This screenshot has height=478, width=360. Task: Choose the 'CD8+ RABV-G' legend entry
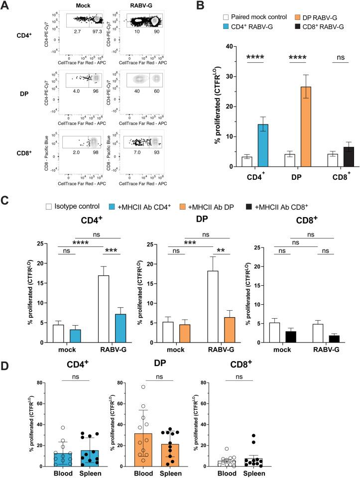tap(320, 26)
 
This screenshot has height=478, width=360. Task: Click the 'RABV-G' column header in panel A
tap(142, 6)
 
